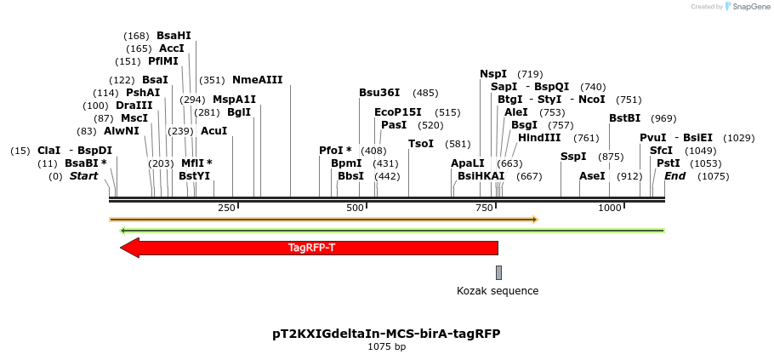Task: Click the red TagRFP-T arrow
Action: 310,248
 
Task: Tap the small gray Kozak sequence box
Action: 498,272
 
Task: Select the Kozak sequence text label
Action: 498,291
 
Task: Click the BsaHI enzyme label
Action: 174,36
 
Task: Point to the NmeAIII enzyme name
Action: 257,80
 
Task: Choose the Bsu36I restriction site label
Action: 379,93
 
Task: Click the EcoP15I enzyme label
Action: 398,112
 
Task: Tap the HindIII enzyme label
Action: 539,138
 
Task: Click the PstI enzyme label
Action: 669,163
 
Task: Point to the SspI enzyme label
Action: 573,157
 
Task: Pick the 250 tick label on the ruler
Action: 226,209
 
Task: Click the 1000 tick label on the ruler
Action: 610,209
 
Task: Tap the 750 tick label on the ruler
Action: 484,209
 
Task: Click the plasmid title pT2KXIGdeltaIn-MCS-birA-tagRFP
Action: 386,333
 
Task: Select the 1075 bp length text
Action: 386,346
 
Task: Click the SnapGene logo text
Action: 749,6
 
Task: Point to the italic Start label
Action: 83,176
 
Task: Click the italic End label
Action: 675,176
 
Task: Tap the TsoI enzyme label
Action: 421,144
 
